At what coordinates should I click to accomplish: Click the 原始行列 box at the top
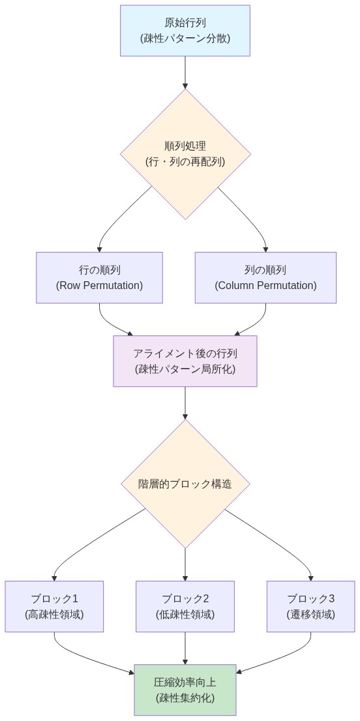185,31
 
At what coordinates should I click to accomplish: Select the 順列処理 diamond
185,154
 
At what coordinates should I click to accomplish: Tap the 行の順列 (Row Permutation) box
99,277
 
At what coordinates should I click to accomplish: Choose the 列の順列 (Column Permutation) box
265,277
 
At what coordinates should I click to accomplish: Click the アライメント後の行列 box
185,361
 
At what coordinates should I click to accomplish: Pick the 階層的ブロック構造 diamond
185,484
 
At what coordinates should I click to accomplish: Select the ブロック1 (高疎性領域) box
54,606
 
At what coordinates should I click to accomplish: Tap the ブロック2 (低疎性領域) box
185,606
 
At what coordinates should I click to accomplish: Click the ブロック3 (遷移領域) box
310,606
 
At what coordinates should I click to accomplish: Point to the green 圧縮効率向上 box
185,690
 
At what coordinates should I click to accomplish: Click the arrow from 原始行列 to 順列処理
185,72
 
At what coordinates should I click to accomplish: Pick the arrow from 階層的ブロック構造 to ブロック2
185,564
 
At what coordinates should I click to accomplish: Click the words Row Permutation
99,285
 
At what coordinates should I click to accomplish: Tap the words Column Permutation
265,285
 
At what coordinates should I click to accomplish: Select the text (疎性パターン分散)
185,38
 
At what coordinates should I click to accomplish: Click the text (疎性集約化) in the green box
185,698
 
